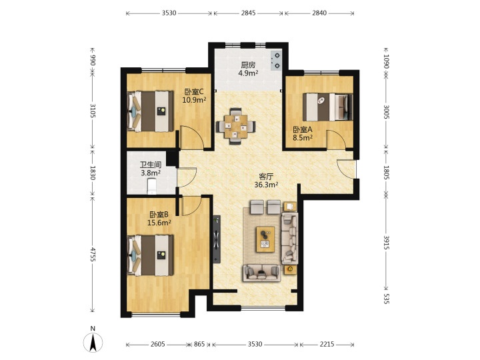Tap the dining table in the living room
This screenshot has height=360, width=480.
[235, 126]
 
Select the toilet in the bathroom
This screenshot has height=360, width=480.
[151, 187]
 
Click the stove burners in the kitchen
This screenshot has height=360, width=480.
[277, 61]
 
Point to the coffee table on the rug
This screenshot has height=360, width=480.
[265, 239]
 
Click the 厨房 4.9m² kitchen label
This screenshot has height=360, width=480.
[248, 69]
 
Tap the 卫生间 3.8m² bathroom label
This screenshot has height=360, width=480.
[151, 169]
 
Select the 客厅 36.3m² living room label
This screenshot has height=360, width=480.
[266, 181]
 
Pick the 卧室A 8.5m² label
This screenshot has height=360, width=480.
[303, 133]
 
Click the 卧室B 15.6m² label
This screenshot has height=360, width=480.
[159, 219]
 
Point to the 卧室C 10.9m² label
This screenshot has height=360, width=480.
[194, 96]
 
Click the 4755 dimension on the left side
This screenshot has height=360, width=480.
[93, 255]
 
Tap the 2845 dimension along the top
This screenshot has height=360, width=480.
[248, 13]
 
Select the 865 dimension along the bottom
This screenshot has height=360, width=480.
[199, 344]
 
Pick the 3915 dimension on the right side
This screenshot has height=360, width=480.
[386, 243]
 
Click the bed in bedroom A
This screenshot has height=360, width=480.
[327, 107]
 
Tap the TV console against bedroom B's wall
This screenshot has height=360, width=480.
[217, 239]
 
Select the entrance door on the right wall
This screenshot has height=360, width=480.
[347, 169]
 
